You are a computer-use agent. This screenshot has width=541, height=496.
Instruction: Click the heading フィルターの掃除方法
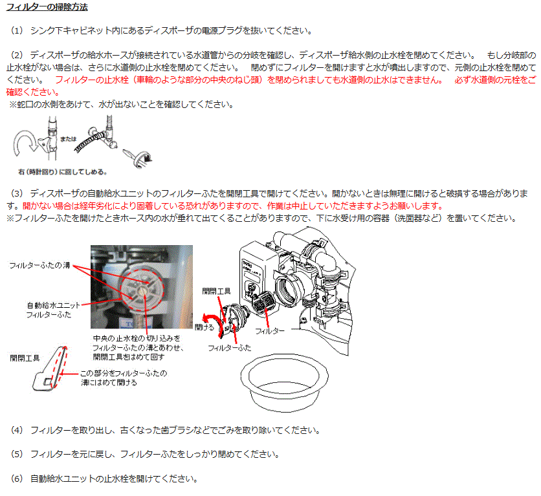coord(47,7)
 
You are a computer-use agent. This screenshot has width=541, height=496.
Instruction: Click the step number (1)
coord(17,30)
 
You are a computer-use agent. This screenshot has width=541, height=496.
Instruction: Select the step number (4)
coord(17,430)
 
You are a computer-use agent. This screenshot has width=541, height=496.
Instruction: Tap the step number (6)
coord(17,479)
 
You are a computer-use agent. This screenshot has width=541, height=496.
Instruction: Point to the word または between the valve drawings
coord(69,139)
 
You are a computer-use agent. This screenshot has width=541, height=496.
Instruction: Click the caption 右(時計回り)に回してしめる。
coord(63,171)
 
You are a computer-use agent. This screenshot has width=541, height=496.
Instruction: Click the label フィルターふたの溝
coord(39,265)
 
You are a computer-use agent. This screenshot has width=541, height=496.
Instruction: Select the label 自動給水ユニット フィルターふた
coord(52,310)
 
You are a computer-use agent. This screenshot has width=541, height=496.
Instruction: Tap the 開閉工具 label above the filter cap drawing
coord(216,291)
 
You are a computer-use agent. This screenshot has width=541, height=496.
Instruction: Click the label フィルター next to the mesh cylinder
coord(270,331)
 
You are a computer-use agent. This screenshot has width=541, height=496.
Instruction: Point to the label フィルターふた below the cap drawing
coord(230,348)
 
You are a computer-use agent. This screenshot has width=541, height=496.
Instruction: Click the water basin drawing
coord(284,383)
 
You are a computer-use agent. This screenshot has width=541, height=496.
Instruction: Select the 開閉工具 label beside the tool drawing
coord(25,358)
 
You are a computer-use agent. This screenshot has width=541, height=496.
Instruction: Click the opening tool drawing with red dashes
coord(50,369)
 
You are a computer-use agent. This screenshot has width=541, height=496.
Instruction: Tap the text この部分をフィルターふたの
coord(124,373)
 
